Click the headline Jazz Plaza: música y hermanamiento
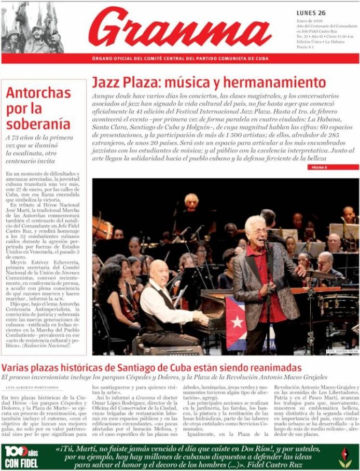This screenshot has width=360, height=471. pyautogui.click(x=209, y=82)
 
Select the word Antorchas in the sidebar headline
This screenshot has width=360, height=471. pyautogui.click(x=38, y=93)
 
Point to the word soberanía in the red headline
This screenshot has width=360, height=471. pyautogui.click(x=38, y=123)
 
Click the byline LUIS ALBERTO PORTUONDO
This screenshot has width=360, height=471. pyautogui.click(x=33, y=388)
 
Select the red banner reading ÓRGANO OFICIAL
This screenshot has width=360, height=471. pyautogui.click(x=180, y=59)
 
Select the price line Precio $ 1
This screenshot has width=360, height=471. pyautogui.click(x=305, y=47)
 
